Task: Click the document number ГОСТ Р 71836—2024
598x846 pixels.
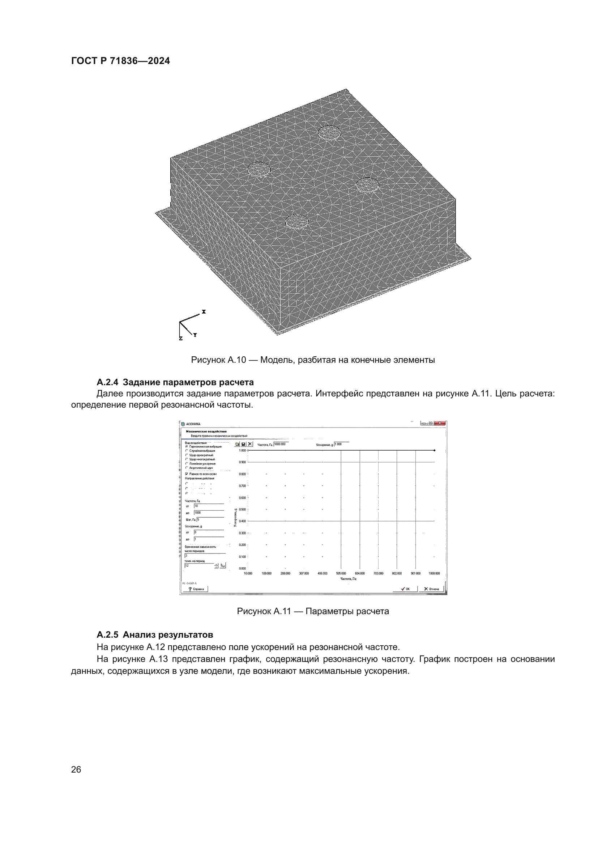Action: (120, 61)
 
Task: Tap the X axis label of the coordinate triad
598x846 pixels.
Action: (204, 312)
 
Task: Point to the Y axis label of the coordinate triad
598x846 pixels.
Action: (195, 335)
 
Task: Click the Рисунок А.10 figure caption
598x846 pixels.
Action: (313, 360)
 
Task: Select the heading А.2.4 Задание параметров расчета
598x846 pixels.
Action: (175, 382)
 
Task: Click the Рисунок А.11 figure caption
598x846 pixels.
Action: (313, 611)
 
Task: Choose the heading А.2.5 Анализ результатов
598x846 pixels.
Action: (155, 635)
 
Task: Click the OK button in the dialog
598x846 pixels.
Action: (405, 589)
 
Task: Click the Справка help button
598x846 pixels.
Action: (196, 589)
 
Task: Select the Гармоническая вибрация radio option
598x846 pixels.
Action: (187, 446)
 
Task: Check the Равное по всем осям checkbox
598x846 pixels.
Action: (187, 474)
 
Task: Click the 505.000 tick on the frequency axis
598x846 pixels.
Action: (341, 573)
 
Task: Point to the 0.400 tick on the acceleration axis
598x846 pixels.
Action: (242, 521)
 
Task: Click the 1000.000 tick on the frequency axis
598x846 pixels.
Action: (434, 573)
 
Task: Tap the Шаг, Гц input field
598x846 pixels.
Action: (210, 519)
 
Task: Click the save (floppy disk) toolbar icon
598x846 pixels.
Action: (243, 445)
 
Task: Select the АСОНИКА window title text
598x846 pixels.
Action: (193, 424)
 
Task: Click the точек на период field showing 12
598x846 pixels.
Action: (199, 565)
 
